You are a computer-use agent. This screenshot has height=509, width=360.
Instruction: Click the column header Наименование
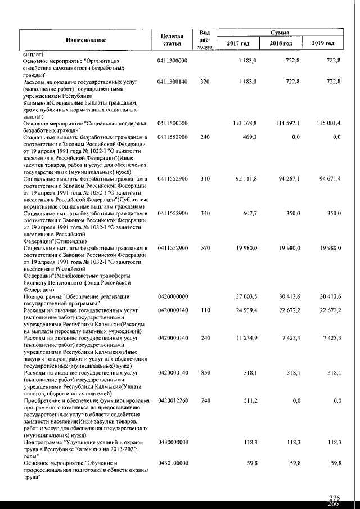tap(86, 39)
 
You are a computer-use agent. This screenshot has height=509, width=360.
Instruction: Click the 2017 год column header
tap(238, 44)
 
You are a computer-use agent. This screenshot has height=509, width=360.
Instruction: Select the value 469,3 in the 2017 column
tap(248, 137)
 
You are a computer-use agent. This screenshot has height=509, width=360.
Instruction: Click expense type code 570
tap(205, 249)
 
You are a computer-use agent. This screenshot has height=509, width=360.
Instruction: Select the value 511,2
tap(248, 400)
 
